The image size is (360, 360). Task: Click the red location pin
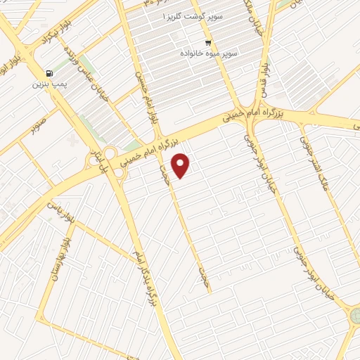181,165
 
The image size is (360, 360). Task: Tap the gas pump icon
48,72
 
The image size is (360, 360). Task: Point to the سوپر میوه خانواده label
209,53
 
